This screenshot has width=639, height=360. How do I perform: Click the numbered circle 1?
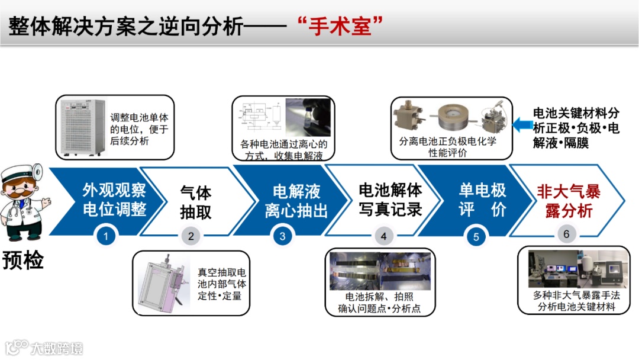(106, 236)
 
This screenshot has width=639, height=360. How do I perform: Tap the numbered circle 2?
(191, 236)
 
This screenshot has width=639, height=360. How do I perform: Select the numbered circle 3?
(282, 236)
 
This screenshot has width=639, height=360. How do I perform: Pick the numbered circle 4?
(383, 236)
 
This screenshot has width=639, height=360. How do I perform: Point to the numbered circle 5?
(476, 237)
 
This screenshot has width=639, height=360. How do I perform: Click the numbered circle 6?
(566, 234)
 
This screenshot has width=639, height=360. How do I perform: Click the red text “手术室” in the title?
(340, 27)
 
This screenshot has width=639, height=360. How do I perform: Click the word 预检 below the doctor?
(23, 260)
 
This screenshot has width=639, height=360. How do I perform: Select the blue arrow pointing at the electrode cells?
(522, 124)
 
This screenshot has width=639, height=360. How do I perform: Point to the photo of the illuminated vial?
(308, 117)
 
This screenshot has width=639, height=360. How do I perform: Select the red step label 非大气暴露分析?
(569, 201)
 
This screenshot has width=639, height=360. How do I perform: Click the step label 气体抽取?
(196, 202)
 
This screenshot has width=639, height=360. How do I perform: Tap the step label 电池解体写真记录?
(390, 200)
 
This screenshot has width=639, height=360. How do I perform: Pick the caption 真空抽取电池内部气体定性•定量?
(222, 284)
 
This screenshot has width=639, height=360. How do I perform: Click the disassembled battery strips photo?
(380, 271)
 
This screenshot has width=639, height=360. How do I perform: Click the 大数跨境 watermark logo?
(44, 348)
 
